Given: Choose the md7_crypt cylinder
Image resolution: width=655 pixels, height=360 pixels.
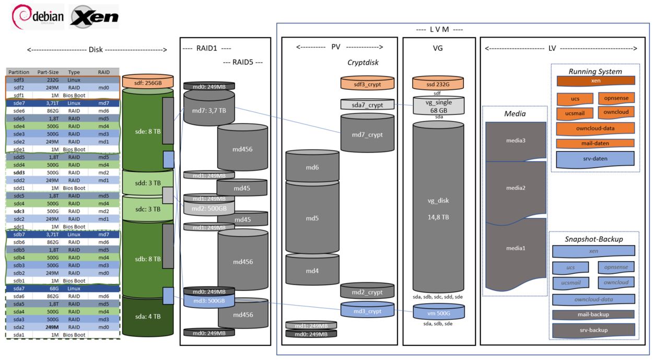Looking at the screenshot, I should [x=367, y=135].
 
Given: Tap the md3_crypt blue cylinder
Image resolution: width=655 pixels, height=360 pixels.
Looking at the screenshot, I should [x=367, y=310].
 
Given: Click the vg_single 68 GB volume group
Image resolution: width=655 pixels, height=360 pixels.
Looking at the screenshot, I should [x=438, y=106].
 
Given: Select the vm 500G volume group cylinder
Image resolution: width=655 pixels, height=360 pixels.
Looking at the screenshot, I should [x=438, y=312].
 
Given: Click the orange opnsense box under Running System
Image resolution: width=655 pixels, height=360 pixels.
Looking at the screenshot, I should [x=616, y=98].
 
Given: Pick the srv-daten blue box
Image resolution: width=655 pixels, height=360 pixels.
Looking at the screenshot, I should [x=595, y=158].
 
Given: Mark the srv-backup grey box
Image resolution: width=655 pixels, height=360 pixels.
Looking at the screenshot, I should [x=594, y=330].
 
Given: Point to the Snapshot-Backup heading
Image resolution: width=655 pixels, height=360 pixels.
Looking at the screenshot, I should [x=594, y=239].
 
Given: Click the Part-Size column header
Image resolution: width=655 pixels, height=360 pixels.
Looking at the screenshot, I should [x=50, y=72].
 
